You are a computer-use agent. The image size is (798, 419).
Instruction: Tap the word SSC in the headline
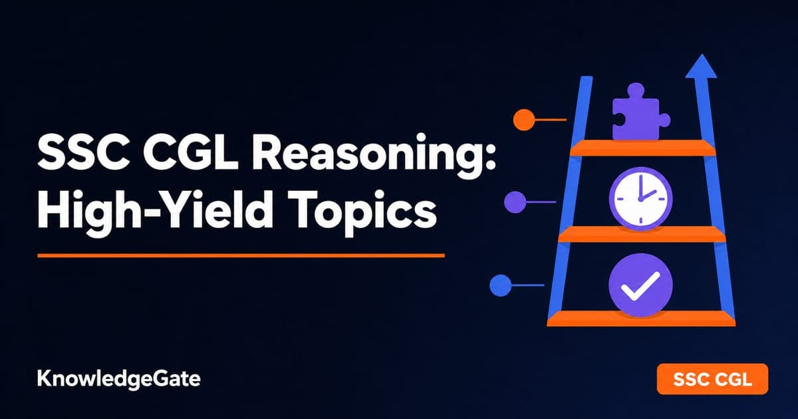click(84, 153)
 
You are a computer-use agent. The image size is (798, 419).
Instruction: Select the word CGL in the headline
click(191, 153)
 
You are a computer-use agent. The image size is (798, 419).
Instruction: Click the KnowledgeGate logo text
click(119, 378)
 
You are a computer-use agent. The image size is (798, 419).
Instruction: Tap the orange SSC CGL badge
click(712, 378)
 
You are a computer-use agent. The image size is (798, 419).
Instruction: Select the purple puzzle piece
click(640, 112)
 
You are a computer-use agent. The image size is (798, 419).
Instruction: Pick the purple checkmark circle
click(640, 285)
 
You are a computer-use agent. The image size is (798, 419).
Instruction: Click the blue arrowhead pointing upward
click(702, 67)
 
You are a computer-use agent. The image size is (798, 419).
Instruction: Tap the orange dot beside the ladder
click(524, 120)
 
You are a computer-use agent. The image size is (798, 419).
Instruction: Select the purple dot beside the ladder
click(515, 202)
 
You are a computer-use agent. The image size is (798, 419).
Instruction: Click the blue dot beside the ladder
click(501, 285)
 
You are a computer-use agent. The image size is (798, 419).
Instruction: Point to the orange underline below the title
click(241, 255)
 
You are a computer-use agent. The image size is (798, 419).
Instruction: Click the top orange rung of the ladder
click(642, 148)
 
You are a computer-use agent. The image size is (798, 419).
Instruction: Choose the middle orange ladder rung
click(642, 234)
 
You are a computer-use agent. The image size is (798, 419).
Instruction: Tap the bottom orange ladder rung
click(641, 319)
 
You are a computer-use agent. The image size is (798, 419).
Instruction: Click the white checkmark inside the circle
click(640, 286)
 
